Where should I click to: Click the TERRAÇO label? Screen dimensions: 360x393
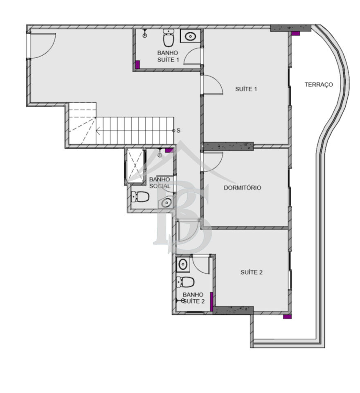319,85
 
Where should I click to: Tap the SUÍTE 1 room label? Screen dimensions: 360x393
246,89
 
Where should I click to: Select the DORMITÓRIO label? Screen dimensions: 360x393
242,188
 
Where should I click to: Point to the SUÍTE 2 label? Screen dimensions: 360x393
252,272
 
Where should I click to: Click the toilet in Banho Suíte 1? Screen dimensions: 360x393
169,38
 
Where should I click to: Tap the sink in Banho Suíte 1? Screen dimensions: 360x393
190,36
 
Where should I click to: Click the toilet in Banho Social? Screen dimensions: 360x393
140,196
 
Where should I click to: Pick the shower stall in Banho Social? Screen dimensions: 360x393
135,165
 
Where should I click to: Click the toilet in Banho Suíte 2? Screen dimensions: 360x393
185,282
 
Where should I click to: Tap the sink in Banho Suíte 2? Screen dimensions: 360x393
183,264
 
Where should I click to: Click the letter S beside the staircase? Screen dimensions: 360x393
178,131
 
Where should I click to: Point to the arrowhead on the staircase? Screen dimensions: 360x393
98,131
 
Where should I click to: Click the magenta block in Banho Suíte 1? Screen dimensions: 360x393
137,64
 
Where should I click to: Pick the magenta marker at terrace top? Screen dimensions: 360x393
296,33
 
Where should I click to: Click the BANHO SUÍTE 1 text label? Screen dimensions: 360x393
168,56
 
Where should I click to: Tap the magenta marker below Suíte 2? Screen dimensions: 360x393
287,317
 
